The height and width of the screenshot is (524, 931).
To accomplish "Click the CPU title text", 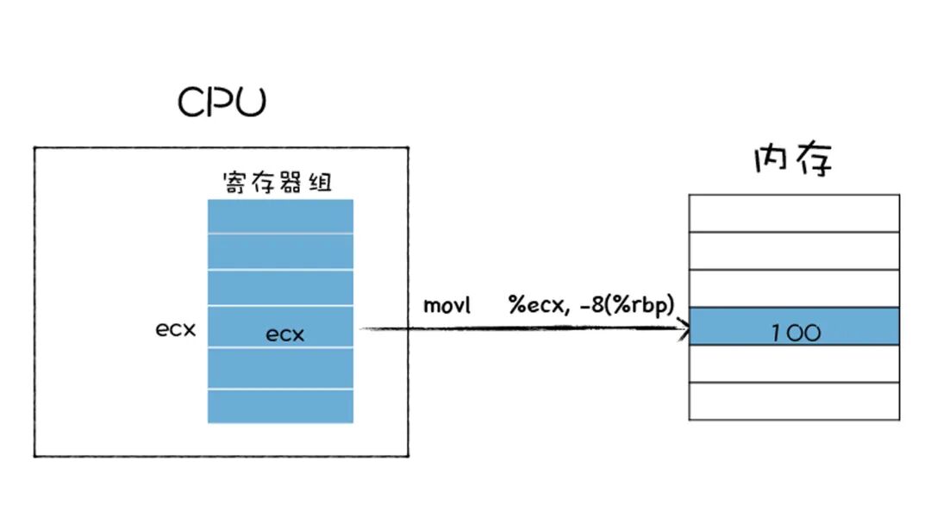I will pos(222,103).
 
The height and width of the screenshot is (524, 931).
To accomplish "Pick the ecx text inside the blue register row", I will pos(284,334).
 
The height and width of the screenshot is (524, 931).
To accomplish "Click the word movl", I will pos(447,306).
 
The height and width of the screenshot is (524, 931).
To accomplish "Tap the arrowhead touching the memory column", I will pos(684,327).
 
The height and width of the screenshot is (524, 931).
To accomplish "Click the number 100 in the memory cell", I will pos(795,333).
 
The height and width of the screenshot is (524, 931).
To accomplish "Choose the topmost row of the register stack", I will pos(280,216).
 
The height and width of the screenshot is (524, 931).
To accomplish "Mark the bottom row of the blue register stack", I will pos(280,407).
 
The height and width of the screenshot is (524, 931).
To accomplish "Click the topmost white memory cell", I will pos(794,213).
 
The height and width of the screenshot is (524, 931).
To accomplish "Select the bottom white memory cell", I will pos(794,401).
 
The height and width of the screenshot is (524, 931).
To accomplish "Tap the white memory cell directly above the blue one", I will pos(794,289).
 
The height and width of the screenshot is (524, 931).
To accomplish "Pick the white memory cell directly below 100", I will pos(794,364).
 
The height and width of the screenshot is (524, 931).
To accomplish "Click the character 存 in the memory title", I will pos(815,160).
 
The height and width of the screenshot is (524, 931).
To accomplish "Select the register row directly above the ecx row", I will pos(280,288).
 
